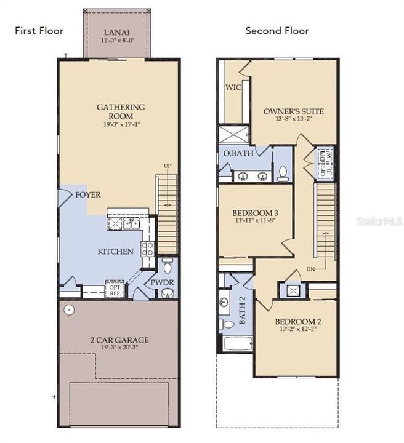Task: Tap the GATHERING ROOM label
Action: point(121,107)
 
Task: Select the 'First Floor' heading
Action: point(39,31)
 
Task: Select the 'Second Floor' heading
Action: point(277,31)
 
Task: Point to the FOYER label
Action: point(88,194)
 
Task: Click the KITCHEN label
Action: point(115,251)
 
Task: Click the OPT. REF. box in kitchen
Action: point(115,289)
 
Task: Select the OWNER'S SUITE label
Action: point(293,111)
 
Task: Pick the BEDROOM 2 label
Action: point(297,321)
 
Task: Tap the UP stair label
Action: point(167,166)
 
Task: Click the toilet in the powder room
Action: point(166,267)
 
